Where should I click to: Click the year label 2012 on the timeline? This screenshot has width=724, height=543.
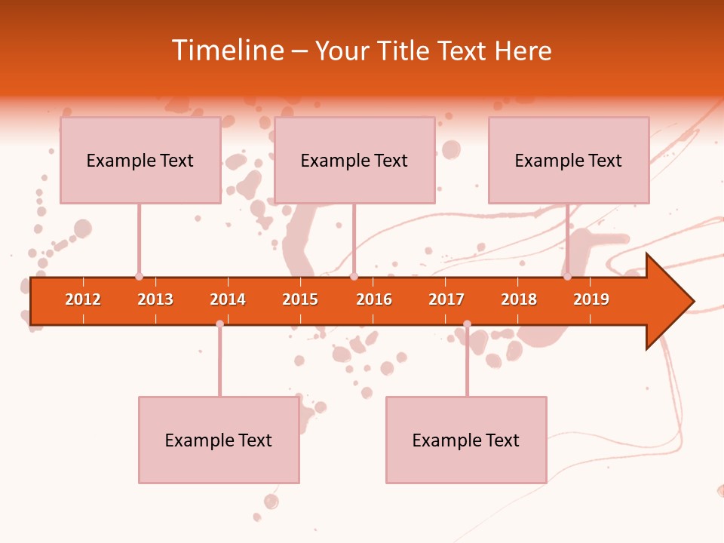coord(83,299)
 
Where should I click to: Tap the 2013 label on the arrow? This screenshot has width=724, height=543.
coord(155,299)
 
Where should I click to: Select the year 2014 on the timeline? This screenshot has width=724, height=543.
coord(228,299)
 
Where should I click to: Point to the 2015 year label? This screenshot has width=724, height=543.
coord(300,299)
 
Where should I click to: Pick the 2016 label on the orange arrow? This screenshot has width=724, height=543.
coord(374,299)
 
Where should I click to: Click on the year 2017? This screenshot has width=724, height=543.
coord(446,299)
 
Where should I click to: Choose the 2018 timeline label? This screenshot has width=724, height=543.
coord(519,299)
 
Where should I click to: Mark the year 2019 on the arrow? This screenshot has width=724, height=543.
coord(591,299)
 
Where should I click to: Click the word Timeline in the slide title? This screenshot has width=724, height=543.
coord(226,51)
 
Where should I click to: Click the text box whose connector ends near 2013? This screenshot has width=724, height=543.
coord(140,160)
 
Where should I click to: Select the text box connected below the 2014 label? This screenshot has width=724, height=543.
coord(219,440)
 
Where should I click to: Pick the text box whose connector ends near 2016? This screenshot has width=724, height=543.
coord(354,160)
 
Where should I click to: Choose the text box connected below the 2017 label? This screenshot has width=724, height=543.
coord(466,440)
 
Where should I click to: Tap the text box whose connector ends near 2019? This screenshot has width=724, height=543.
coord(569,160)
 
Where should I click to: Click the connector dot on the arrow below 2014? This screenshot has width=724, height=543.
coord(219,324)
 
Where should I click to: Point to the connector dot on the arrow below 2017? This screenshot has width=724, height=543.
coord(467,324)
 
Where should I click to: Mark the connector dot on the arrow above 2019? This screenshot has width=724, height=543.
coord(567,277)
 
